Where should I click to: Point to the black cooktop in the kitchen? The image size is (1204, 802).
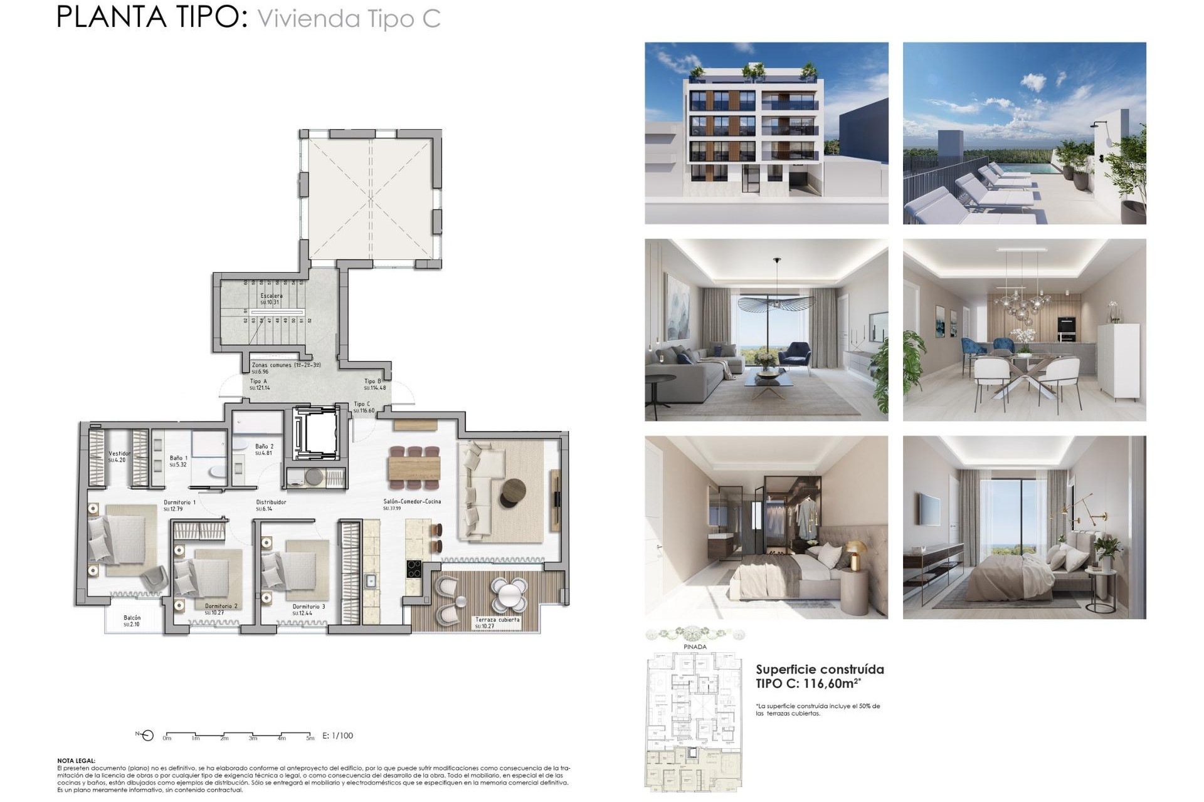click(414, 569)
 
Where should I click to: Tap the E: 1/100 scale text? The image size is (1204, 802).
click(337, 736)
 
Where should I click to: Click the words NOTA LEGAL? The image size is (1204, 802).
click(77, 761)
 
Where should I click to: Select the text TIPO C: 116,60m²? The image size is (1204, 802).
click(808, 684)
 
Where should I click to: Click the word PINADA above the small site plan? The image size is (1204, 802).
click(695, 647)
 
